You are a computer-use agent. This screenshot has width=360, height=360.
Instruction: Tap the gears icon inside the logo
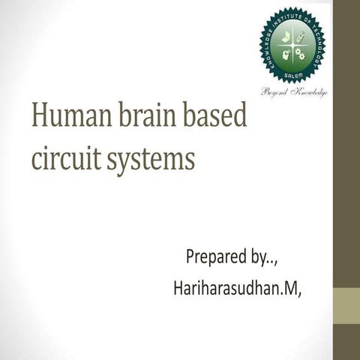click(301, 53)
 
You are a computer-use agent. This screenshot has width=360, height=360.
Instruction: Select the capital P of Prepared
click(190, 257)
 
